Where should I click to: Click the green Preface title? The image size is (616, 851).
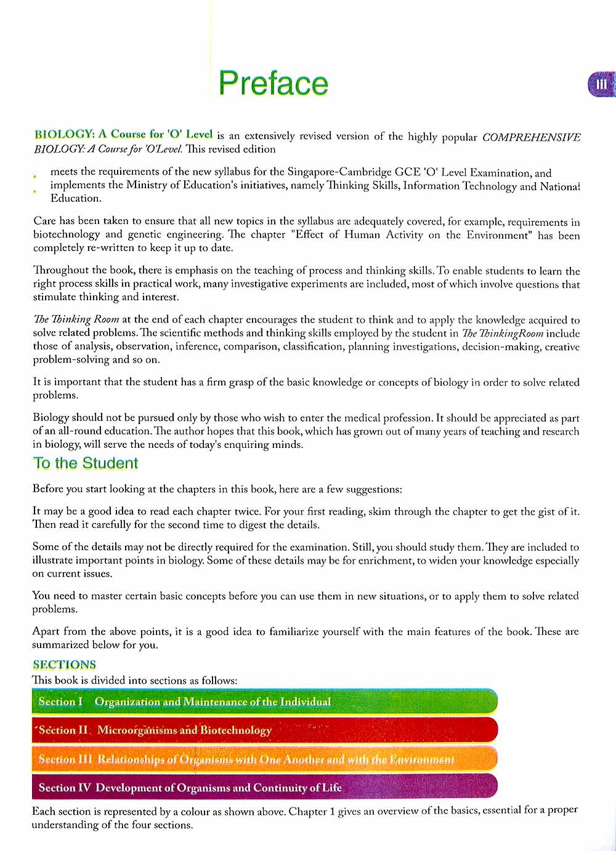[274, 83]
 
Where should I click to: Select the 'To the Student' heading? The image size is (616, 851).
[86, 463]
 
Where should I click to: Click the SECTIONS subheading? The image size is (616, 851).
[65, 665]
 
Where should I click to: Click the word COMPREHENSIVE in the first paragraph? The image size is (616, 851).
[531, 137]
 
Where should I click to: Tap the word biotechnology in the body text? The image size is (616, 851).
[67, 234]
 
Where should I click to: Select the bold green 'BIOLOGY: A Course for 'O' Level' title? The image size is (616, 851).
[123, 134]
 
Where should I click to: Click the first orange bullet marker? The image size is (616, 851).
[35, 177]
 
